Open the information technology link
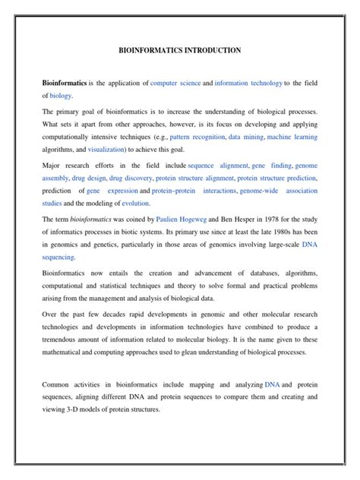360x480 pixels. click(x=248, y=82)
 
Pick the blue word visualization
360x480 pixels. click(x=96, y=150)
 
